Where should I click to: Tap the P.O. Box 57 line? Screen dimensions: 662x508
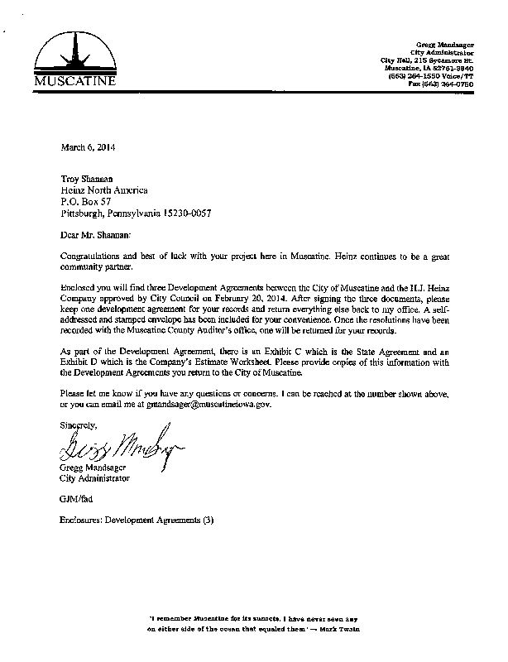(x=87, y=201)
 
